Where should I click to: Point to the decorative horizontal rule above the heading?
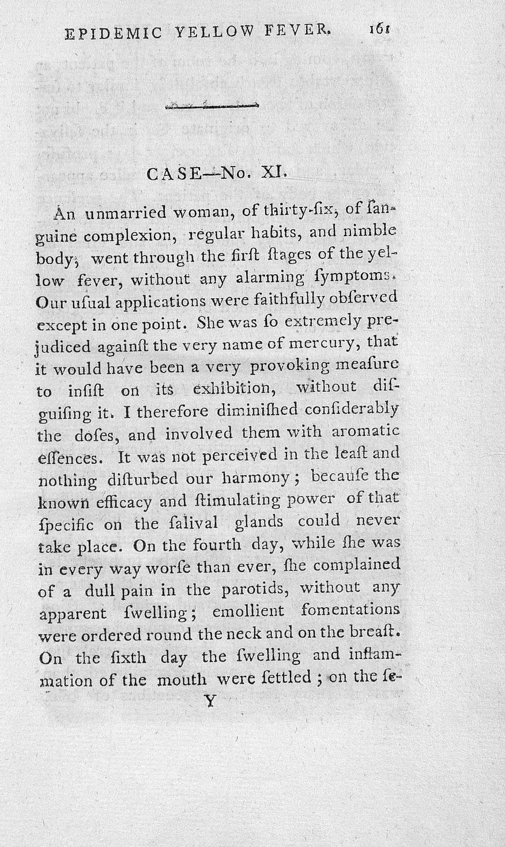click(212, 105)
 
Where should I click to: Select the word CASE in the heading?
click(171, 173)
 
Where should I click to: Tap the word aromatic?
click(367, 432)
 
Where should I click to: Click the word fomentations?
click(350, 609)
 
